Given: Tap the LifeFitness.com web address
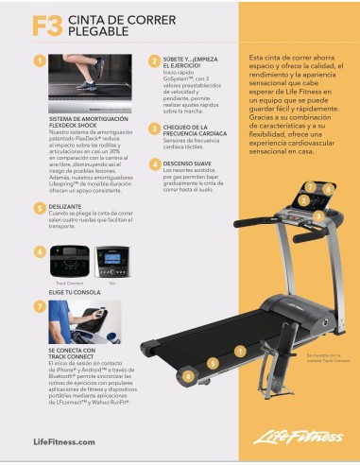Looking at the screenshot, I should [63, 441].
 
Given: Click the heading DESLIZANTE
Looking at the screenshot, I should [64, 205].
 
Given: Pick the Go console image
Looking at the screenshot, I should [112, 259].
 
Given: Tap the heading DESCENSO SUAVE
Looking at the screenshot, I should [187, 163].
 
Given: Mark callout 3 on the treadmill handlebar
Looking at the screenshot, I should [318, 215].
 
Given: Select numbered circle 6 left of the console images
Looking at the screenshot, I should [39, 252].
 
